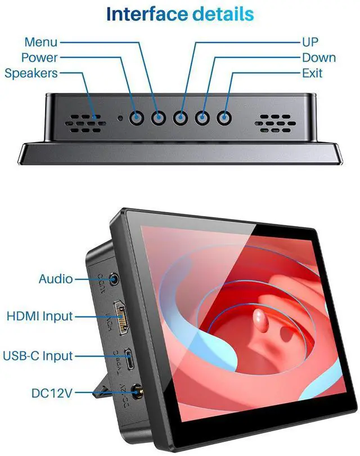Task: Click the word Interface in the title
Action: (142, 14)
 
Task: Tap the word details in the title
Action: (221, 14)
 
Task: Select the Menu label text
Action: (40, 42)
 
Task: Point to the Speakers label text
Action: (31, 73)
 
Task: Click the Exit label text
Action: (312, 73)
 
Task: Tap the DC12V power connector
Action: (136, 391)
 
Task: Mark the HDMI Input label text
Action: (39, 317)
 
